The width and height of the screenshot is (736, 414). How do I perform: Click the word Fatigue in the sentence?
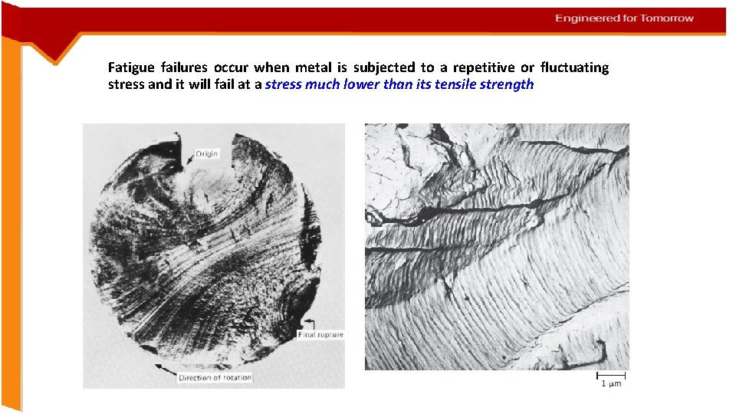(130, 68)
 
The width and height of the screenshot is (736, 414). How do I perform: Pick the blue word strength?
(507, 84)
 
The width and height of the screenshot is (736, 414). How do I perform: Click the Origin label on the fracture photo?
(207, 154)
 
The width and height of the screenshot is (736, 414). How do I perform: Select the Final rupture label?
(320, 335)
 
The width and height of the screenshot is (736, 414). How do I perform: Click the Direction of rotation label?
(215, 378)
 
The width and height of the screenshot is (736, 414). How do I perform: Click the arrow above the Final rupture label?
(310, 321)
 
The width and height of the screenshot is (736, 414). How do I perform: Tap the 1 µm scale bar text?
(611, 384)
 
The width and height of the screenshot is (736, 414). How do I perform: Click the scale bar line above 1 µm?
(611, 376)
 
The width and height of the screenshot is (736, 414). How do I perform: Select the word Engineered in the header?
(586, 18)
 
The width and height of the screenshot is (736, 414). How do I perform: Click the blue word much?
(322, 84)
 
